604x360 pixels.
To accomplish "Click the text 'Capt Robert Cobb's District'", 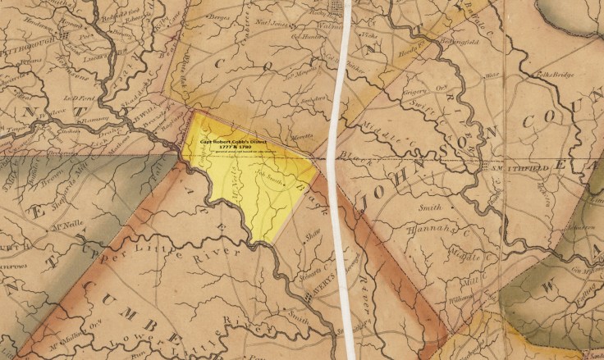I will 242,142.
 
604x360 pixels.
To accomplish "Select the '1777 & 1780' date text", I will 241,148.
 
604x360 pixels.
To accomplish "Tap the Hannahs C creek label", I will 431,230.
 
